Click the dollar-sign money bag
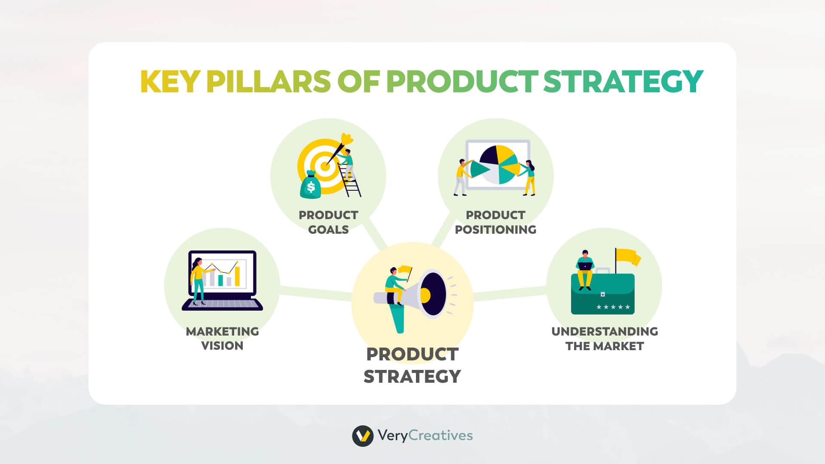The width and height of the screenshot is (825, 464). point(310,186)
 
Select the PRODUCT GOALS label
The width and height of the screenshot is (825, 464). point(328,222)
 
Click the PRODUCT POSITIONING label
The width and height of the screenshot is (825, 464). point(495,222)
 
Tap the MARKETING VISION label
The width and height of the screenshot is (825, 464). point(222,339)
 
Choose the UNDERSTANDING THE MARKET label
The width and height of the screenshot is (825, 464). point(605,339)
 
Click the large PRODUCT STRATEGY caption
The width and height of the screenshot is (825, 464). point(412,365)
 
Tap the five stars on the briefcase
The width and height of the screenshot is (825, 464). point(613,307)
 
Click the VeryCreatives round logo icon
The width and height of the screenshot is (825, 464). point(362,436)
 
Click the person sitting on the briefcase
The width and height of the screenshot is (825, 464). point(585,269)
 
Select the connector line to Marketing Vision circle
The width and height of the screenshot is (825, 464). point(316,292)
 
